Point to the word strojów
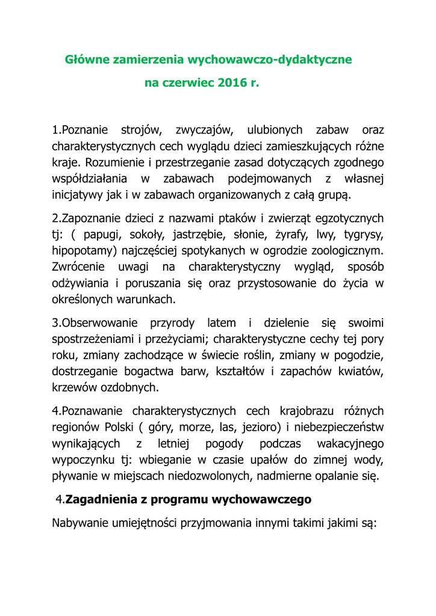pos(140,130)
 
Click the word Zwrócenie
pos(78,266)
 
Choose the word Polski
pos(126,428)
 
